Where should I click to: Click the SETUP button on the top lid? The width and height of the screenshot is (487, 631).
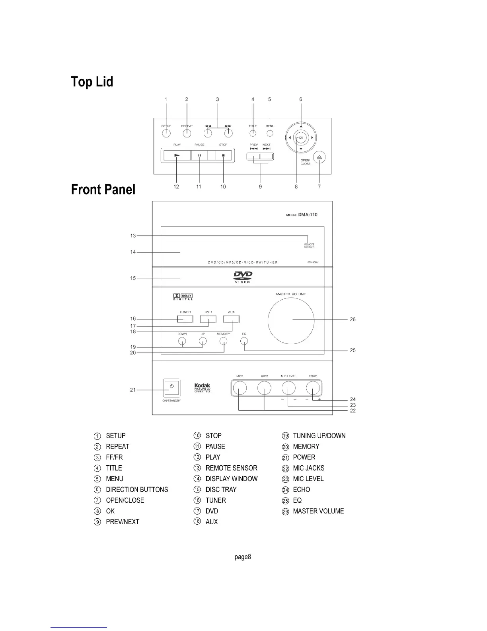tap(166, 133)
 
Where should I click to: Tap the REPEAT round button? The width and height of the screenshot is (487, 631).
tap(187, 133)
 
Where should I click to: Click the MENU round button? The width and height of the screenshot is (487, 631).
tap(270, 133)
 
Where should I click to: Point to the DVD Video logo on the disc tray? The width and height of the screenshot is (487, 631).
tap(242, 276)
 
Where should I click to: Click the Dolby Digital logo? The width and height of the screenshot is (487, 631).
tap(183, 297)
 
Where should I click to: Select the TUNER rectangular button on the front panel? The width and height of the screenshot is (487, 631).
tap(185, 319)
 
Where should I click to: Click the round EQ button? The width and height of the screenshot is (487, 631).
tap(244, 341)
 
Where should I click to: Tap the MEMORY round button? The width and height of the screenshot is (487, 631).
tap(224, 341)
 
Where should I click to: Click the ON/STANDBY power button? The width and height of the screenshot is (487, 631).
tap(171, 387)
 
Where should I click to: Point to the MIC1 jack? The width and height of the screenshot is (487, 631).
tap(240, 388)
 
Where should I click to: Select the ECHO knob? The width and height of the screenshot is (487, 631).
tap(313, 388)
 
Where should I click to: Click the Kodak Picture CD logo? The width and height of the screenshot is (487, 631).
tap(202, 388)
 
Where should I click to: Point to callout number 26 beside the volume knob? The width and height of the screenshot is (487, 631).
tap(353, 319)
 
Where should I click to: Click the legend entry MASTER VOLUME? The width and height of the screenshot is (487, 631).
tap(318, 511)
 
